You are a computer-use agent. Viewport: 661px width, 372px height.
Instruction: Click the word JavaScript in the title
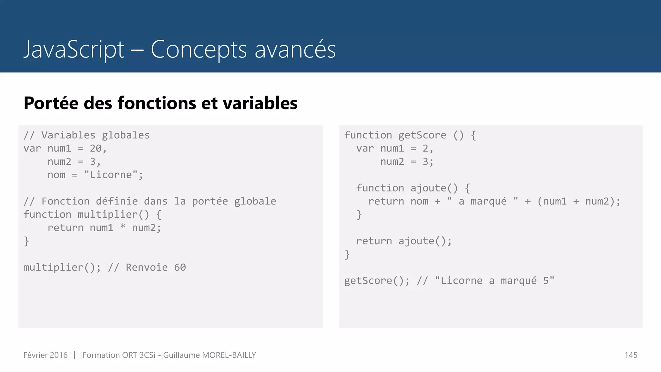click(x=74, y=49)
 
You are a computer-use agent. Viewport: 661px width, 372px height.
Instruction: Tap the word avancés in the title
click(x=295, y=49)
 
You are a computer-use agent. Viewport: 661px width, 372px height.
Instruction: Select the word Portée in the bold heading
click(x=51, y=103)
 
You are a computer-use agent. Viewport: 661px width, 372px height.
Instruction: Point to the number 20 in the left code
click(x=96, y=148)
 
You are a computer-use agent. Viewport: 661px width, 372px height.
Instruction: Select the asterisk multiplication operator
click(x=123, y=227)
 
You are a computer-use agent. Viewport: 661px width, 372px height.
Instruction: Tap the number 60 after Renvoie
click(x=180, y=267)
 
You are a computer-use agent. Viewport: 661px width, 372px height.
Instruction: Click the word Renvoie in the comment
click(x=147, y=267)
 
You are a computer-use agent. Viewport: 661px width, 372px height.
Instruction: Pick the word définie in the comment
click(x=117, y=201)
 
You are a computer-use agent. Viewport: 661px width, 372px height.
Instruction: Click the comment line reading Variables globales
click(x=86, y=135)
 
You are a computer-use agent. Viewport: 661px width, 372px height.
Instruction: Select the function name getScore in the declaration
click(x=422, y=135)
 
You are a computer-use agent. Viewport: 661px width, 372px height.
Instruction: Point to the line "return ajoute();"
click(x=404, y=241)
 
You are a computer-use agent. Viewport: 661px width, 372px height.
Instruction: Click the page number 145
click(x=631, y=355)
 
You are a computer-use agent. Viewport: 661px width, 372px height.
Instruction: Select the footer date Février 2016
click(x=46, y=355)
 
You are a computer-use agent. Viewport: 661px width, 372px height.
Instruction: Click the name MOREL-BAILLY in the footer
click(x=229, y=355)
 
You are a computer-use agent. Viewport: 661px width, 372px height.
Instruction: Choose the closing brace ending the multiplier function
click(x=26, y=241)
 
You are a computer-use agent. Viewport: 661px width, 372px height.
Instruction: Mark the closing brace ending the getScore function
click(x=347, y=254)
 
